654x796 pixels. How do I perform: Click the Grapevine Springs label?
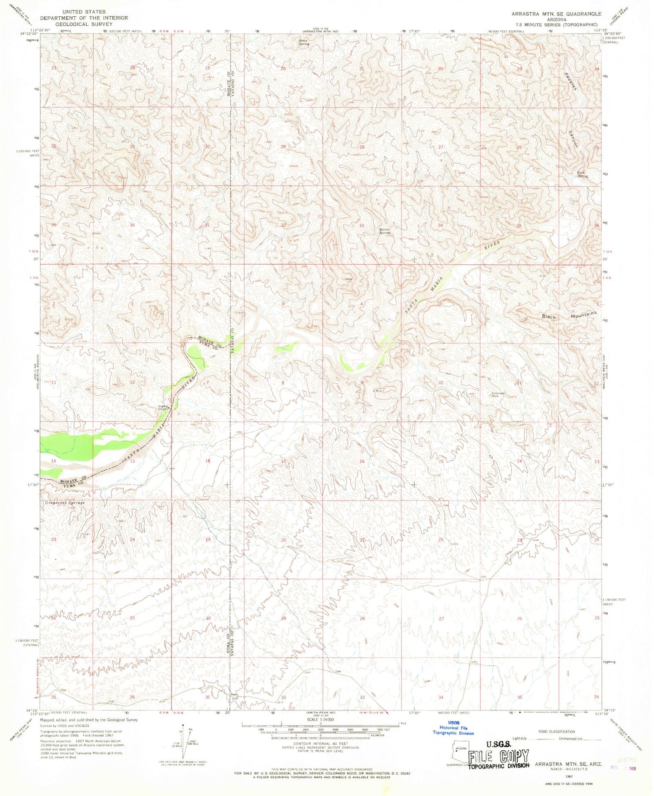65,503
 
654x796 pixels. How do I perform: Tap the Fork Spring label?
582,174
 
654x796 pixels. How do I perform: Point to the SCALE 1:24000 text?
320,732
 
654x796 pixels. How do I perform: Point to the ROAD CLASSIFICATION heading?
556,731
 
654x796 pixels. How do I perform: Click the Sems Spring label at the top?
304,42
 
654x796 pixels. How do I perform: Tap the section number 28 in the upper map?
362,147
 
